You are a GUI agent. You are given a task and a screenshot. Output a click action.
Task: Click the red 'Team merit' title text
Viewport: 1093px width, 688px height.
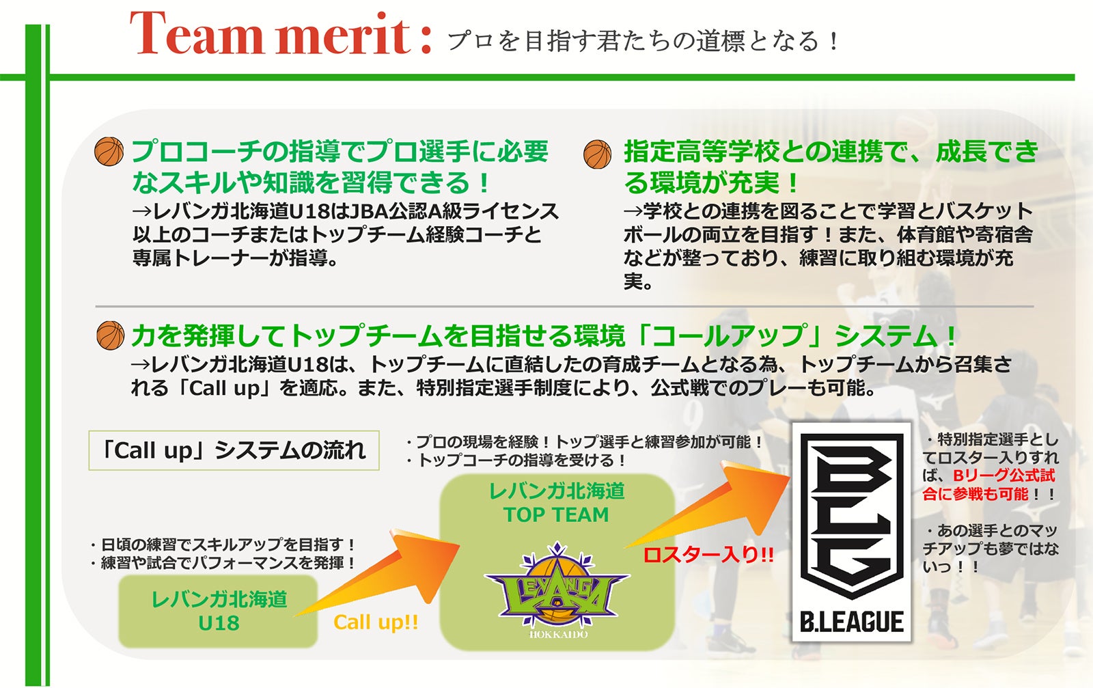tap(281, 33)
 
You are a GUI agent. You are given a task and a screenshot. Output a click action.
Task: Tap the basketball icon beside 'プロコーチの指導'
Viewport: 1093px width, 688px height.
tap(109, 151)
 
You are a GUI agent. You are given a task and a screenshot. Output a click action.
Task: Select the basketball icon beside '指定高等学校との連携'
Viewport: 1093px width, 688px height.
tap(597, 154)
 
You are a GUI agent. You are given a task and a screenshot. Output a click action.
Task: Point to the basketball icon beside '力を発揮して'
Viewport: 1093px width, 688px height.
tap(111, 335)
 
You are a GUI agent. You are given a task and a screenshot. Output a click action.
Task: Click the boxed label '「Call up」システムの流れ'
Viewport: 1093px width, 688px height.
tap(234, 450)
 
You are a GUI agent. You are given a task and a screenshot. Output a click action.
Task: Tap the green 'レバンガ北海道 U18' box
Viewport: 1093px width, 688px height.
tap(218, 611)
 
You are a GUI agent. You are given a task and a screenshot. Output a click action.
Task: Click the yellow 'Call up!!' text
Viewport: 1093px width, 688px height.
tap(376, 622)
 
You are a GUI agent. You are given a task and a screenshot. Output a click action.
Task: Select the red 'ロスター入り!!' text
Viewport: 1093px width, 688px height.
tap(708, 555)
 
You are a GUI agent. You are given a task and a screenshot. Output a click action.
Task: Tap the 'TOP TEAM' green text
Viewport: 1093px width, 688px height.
tap(556, 514)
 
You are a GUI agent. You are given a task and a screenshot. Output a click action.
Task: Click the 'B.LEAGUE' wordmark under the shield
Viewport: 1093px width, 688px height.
tap(851, 622)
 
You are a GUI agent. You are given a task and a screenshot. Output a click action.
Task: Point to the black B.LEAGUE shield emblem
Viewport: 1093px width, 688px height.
tap(851, 514)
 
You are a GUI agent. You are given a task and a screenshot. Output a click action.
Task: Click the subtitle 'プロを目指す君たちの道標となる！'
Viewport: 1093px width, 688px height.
tap(643, 40)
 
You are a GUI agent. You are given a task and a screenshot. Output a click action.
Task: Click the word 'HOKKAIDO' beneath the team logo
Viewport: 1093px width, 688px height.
tap(559, 634)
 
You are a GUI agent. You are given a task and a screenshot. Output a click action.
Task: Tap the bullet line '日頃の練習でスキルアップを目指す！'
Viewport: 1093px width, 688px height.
tap(223, 545)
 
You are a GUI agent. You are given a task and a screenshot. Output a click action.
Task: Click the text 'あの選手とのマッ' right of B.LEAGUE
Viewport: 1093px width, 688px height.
tap(991, 530)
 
